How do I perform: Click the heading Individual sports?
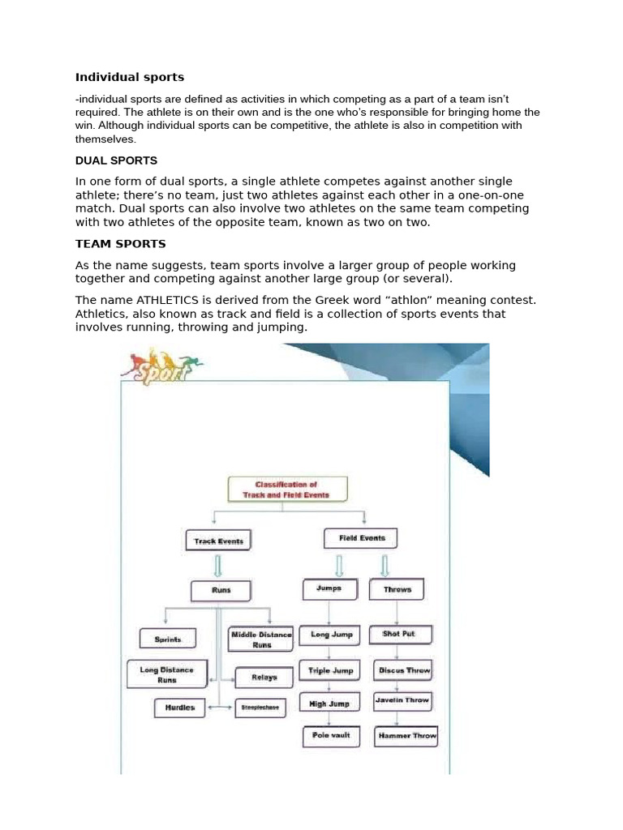pyautogui.click(x=130, y=78)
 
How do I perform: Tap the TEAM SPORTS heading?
pyautogui.click(x=120, y=243)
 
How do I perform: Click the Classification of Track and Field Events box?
pyautogui.click(x=287, y=490)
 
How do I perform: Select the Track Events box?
pyautogui.click(x=219, y=541)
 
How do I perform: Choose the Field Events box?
pyautogui.click(x=362, y=537)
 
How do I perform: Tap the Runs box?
pyautogui.click(x=221, y=590)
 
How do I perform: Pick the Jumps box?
pyautogui.click(x=329, y=589)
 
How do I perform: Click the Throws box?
pyautogui.click(x=397, y=590)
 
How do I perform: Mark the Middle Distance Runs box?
pyautogui.click(x=260, y=640)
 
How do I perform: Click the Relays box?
pyautogui.click(x=264, y=678)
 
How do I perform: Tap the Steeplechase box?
pyautogui.click(x=260, y=708)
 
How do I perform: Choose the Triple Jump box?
pyautogui.click(x=331, y=671)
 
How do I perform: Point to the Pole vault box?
pyautogui.click(x=331, y=735)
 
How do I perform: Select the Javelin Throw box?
pyautogui.click(x=402, y=700)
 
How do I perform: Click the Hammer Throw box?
pyautogui.click(x=406, y=736)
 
